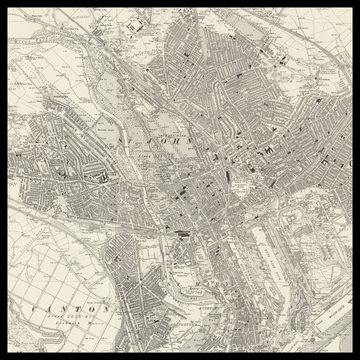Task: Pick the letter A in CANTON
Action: coord(46,311)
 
